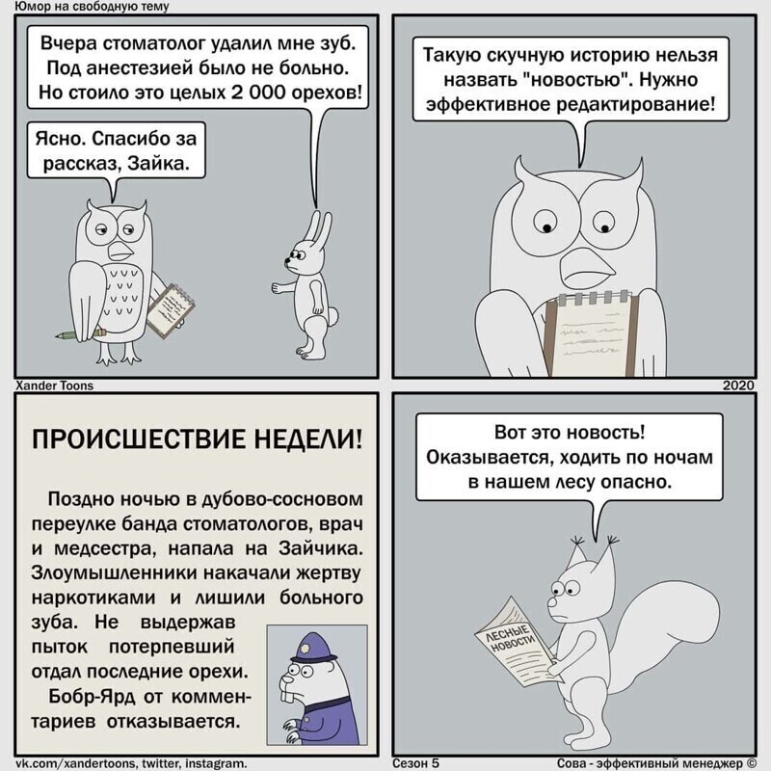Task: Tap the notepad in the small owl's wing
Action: (172, 310)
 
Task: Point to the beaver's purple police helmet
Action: (313, 648)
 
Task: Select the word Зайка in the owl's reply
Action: (158, 162)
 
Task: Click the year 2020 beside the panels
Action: (738, 385)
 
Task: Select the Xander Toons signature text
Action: (55, 385)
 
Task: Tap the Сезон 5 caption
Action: (415, 762)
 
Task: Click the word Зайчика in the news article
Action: (321, 548)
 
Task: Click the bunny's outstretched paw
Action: (278, 287)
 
